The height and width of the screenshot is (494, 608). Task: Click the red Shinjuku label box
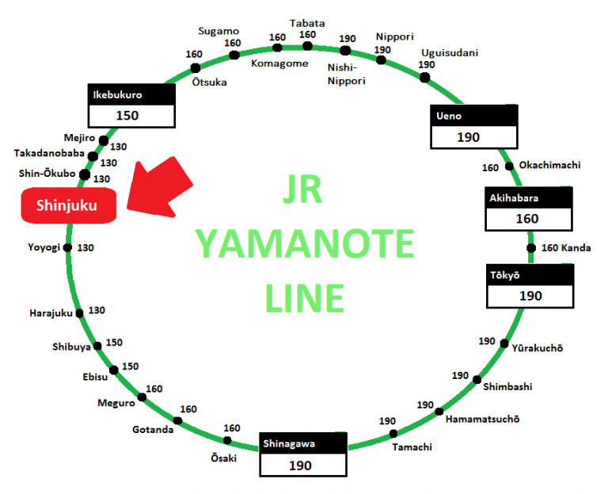67,205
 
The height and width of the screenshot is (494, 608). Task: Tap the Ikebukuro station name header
131,94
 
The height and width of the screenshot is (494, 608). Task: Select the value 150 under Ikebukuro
131,116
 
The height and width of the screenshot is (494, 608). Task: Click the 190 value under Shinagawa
303,465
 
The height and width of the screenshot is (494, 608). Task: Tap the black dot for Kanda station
530,248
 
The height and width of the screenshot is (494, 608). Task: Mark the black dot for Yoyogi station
67,248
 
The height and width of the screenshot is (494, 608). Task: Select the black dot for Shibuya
97,346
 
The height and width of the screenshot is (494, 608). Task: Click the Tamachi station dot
393,433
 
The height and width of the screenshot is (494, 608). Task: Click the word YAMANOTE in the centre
305,243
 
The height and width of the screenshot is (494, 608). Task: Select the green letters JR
305,191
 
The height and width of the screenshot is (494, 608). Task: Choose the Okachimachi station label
549,165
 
